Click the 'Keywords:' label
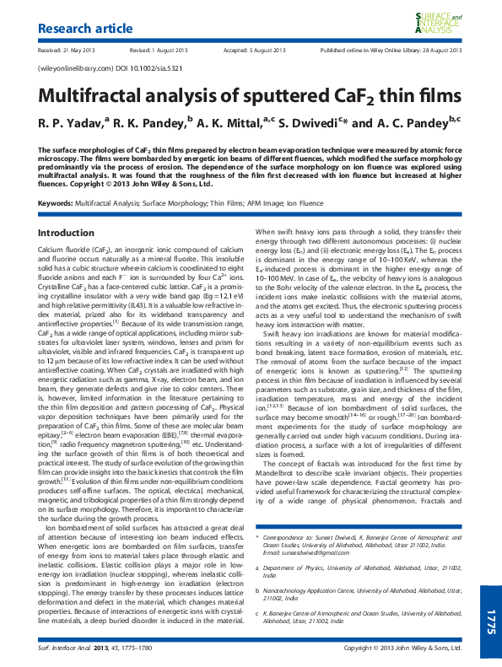(56, 203)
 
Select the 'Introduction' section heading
(67, 233)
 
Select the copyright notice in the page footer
(404, 648)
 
